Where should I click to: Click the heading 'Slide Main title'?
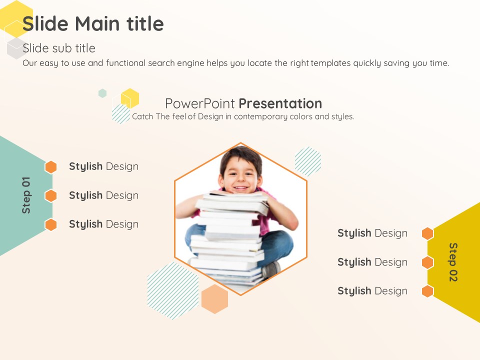point(93,24)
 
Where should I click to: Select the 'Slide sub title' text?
point(59,48)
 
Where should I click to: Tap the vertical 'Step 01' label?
point(26,195)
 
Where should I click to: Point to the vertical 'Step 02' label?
point(453,262)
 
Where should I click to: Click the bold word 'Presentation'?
point(280,103)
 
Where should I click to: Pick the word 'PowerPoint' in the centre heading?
point(200,103)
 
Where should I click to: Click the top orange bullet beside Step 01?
point(51,167)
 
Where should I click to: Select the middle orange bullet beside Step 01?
point(51,196)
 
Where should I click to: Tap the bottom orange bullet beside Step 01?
point(51,224)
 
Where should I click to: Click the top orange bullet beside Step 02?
point(427,233)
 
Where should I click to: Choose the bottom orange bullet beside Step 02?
point(427,291)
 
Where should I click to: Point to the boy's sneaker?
point(270,269)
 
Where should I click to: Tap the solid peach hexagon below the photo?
point(214,299)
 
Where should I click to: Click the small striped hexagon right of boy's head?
point(308,161)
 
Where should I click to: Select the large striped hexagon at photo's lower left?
point(173,291)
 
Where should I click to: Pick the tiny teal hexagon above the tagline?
point(102,93)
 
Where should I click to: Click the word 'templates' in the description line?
point(330,63)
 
